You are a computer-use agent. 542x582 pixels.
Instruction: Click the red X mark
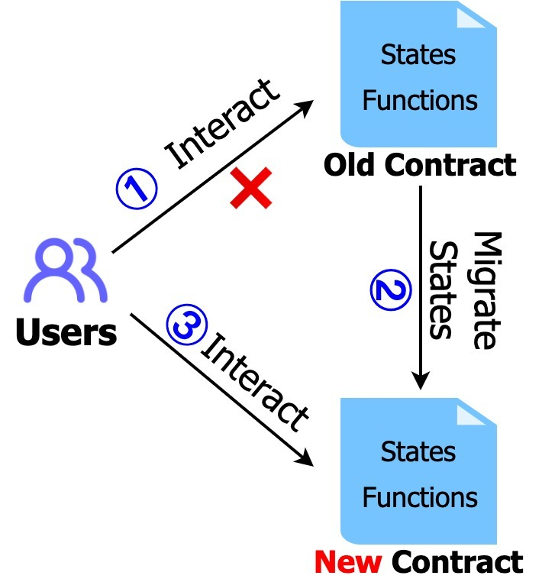[251, 189]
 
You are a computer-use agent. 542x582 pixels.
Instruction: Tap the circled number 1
[137, 189]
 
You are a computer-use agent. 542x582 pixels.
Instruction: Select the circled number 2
[392, 291]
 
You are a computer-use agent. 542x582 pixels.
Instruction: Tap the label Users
[66, 333]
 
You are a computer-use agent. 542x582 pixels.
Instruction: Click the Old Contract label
[419, 165]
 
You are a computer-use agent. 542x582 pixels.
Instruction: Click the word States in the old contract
[418, 56]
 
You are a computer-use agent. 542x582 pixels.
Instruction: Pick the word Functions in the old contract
[420, 101]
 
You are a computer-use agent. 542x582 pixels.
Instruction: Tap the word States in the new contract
[418, 451]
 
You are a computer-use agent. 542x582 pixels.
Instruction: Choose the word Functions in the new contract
[420, 498]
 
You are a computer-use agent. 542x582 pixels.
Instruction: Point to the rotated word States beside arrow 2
[442, 290]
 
